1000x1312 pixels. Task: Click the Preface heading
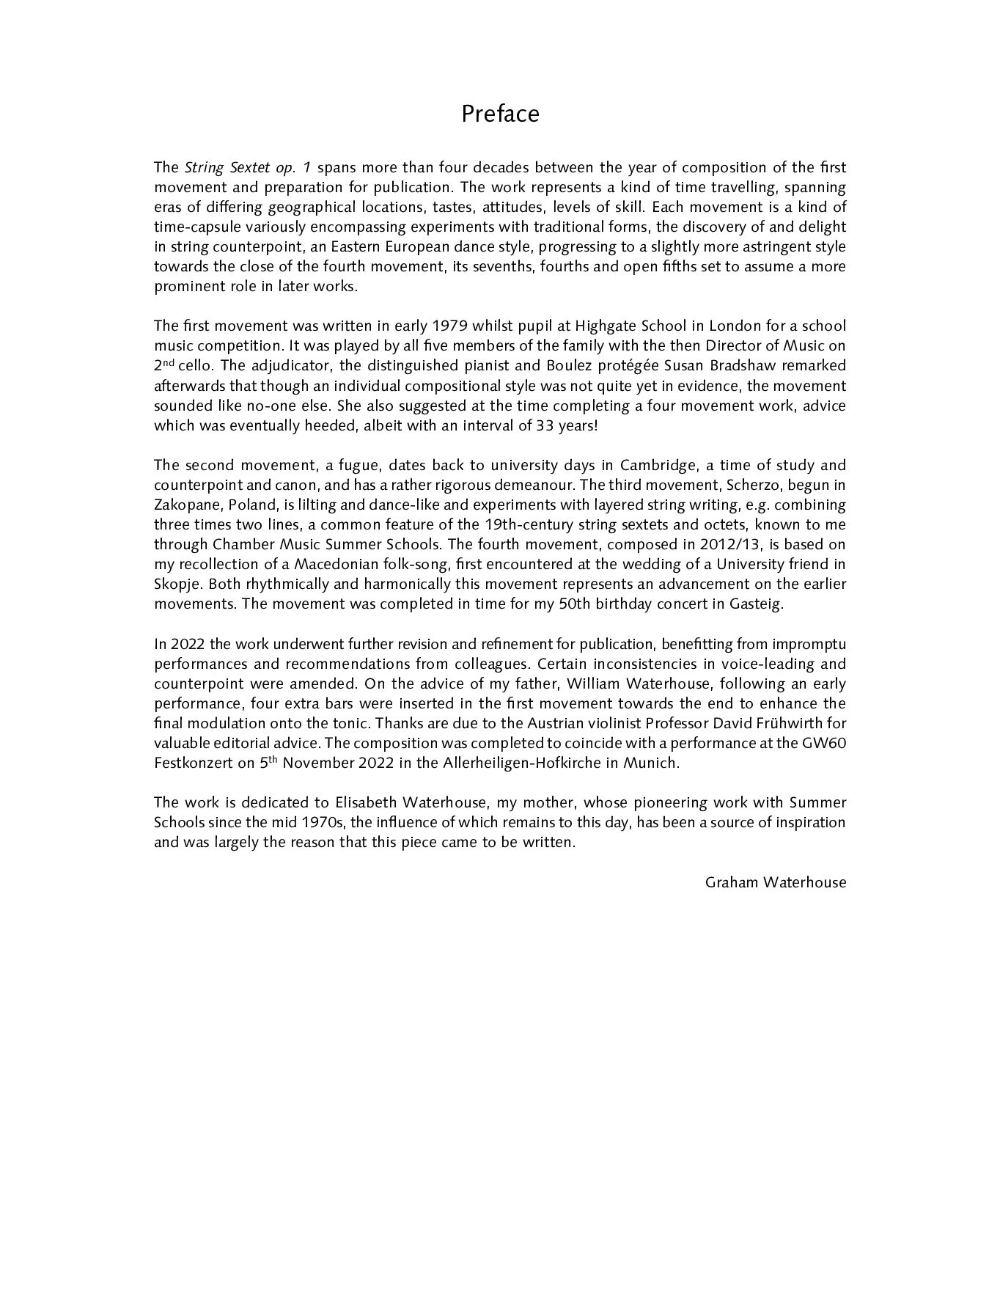click(x=500, y=114)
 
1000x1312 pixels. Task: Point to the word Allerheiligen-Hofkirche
click(x=521, y=763)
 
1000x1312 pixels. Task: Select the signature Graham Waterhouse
click(x=775, y=882)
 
